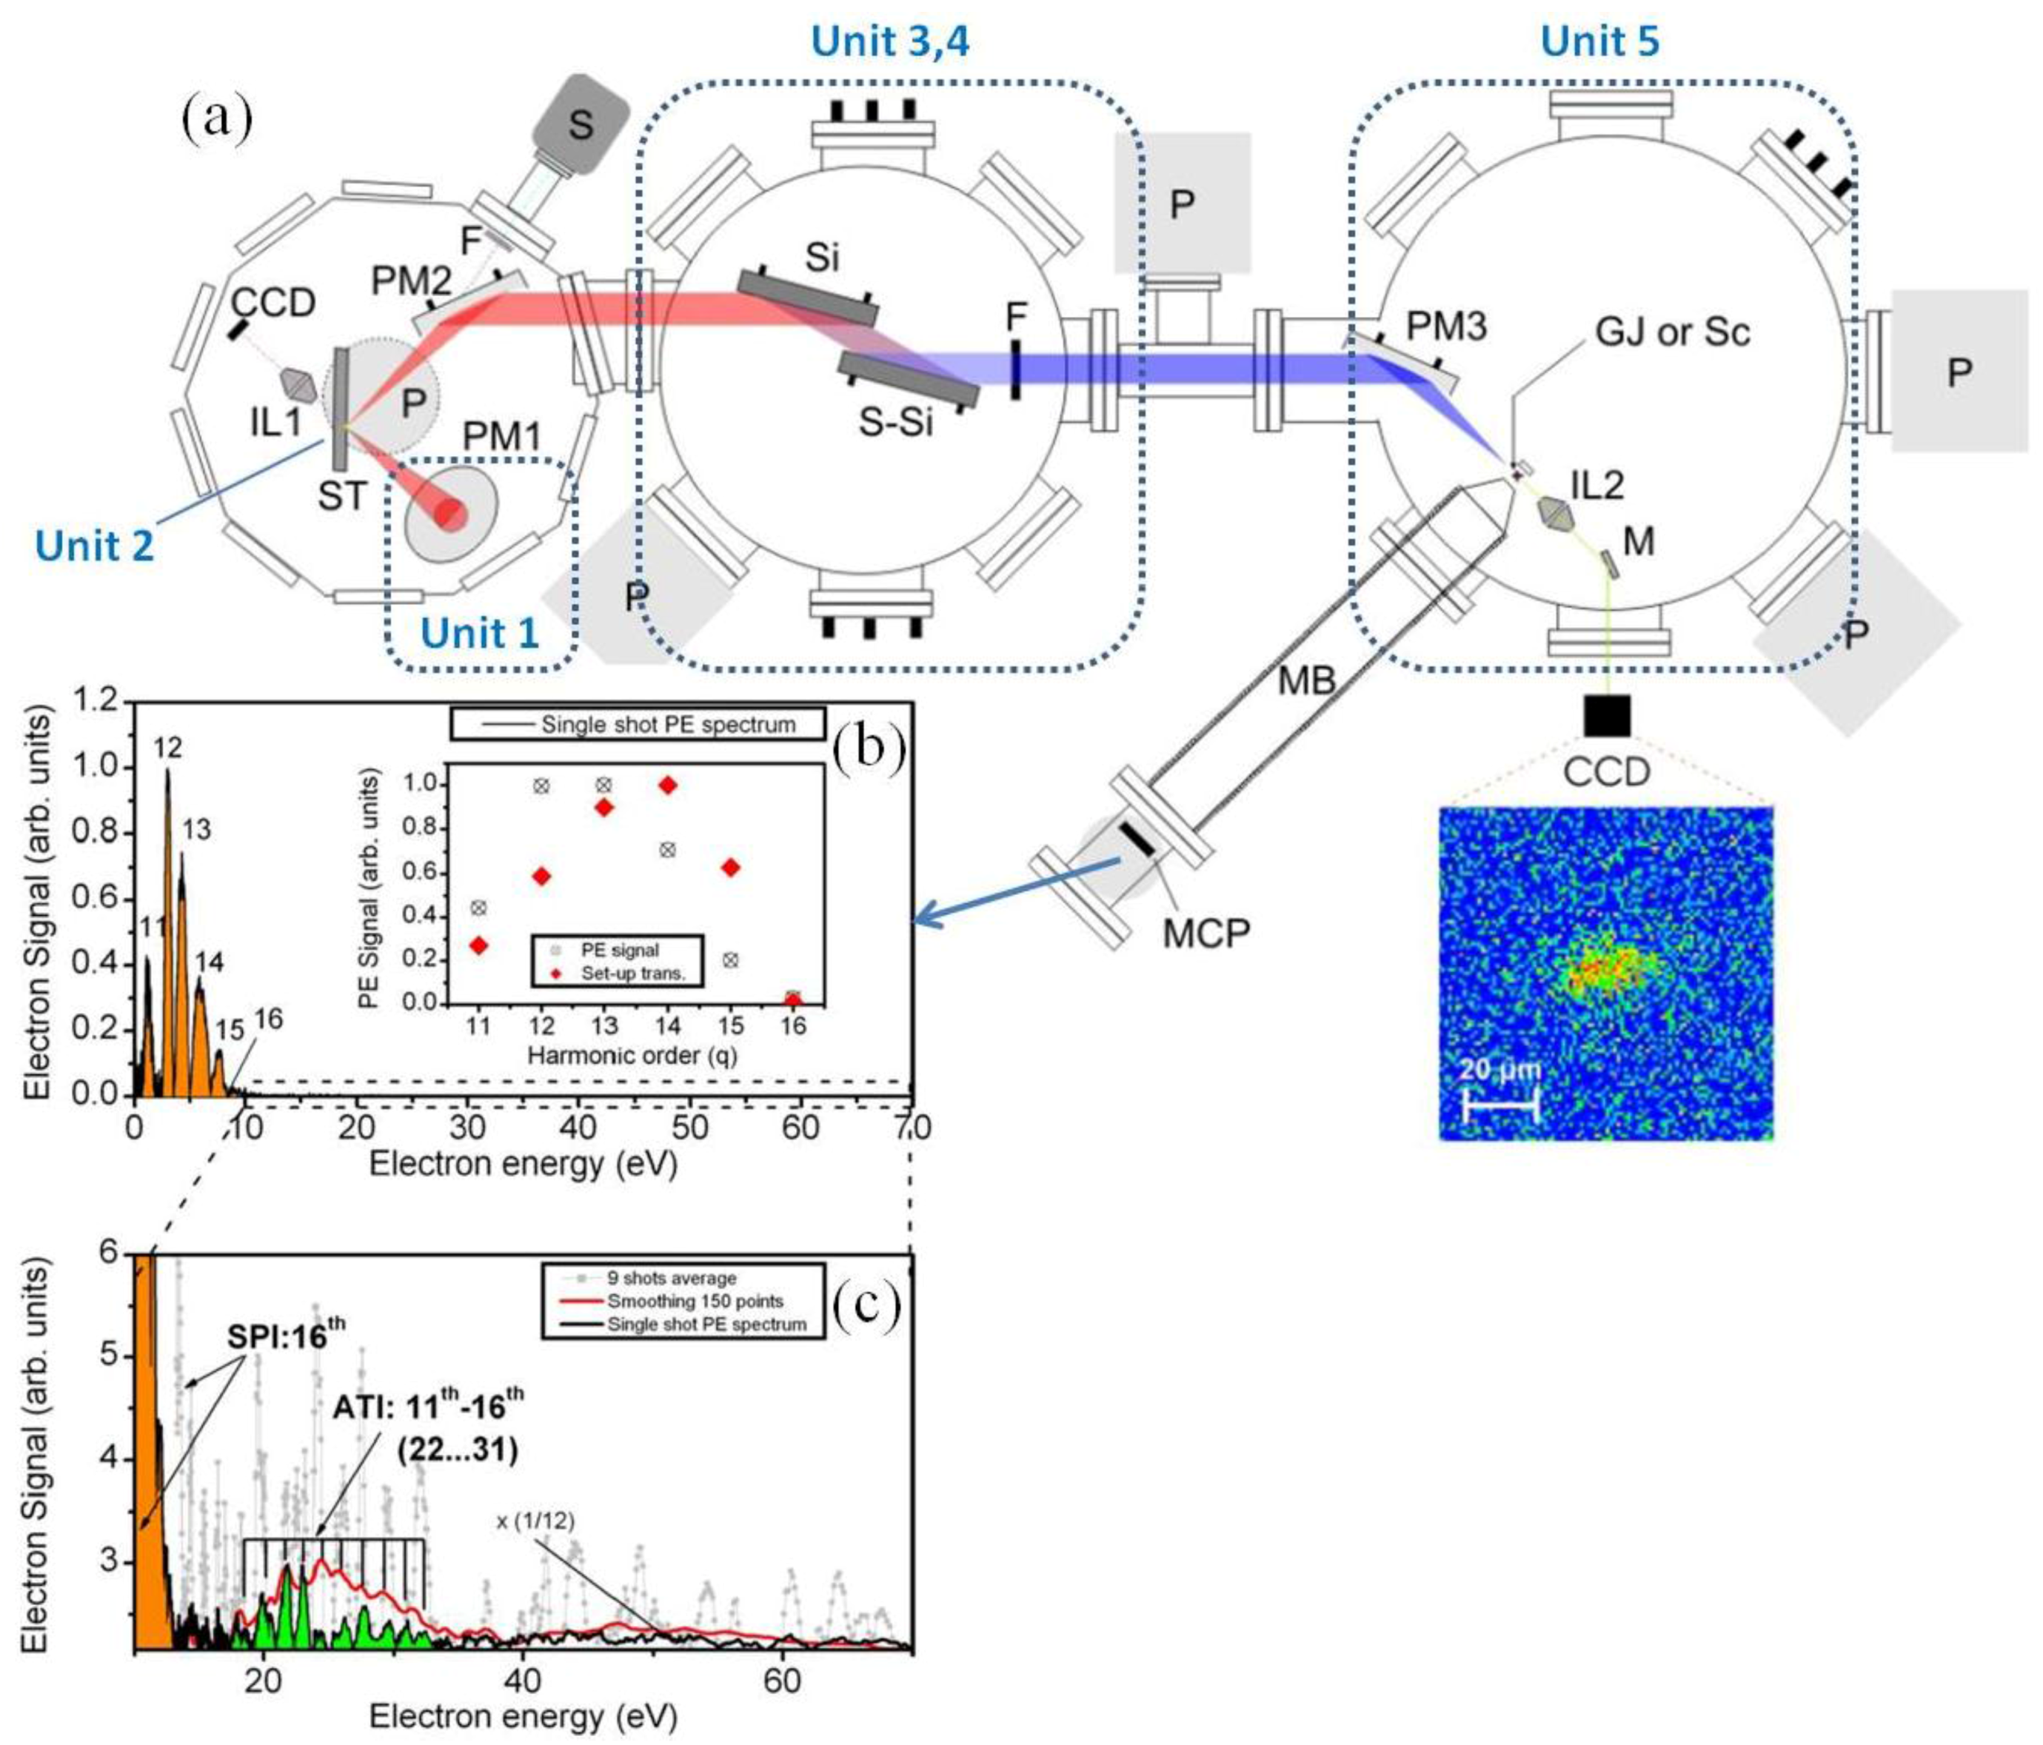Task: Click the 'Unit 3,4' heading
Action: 889,41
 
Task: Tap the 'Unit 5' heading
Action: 1599,41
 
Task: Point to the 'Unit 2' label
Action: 95,545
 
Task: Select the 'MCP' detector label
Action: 1207,931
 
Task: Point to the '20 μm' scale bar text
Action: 1499,1070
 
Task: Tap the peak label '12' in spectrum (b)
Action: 167,748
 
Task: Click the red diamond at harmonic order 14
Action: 667,786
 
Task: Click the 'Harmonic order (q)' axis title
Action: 632,1055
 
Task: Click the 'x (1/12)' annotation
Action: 535,1521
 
